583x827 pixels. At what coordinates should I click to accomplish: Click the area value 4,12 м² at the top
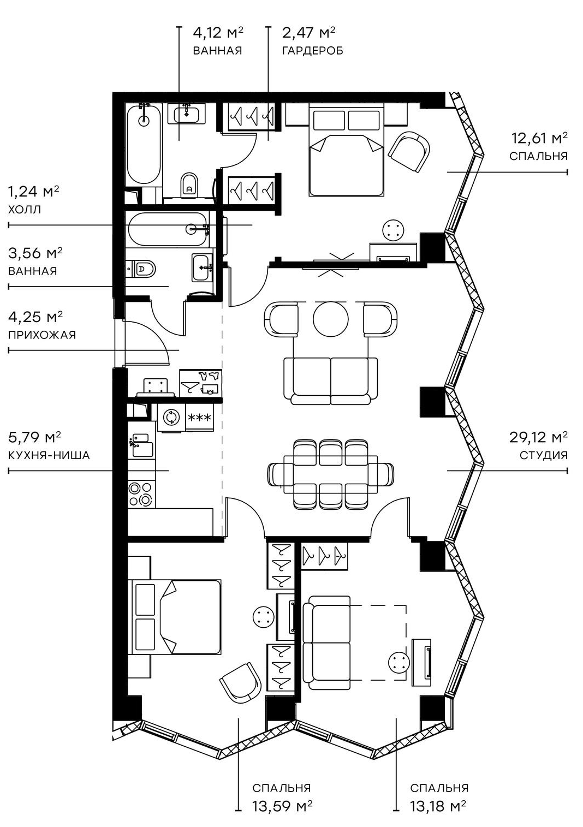point(218,33)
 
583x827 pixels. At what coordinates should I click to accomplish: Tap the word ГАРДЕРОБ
point(312,51)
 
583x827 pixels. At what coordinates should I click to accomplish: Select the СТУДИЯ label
point(543,455)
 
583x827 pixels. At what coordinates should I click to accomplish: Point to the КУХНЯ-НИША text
point(49,455)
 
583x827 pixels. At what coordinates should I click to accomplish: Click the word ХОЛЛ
point(25,209)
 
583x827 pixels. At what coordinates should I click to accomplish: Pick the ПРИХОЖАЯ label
point(42,335)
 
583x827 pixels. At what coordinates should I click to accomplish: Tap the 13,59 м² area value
point(282,805)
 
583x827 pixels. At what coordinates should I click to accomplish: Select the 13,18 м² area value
point(438,805)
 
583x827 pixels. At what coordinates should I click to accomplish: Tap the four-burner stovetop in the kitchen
point(141,493)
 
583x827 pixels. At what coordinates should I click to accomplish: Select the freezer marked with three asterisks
point(200,418)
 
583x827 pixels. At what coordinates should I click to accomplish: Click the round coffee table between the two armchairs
point(330,319)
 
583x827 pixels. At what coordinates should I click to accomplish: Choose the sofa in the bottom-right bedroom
point(326,642)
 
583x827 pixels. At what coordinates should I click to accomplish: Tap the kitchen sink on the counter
point(141,444)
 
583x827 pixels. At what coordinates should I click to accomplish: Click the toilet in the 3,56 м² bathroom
point(144,269)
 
